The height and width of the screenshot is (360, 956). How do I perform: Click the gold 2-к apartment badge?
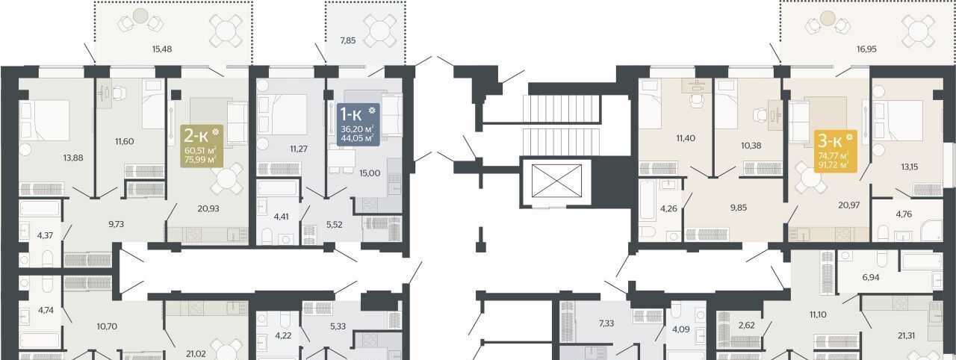201,146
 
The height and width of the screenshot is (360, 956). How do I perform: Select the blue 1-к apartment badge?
358,125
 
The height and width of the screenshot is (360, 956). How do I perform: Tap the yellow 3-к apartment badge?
835,151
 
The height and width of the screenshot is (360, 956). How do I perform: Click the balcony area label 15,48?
162,49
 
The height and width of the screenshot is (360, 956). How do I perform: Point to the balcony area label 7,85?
348,40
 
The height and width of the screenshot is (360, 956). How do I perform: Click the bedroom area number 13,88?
73,158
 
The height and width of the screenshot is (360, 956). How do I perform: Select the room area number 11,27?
299,149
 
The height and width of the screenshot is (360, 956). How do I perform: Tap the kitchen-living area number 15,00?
370,173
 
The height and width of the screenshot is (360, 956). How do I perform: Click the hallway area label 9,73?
116,224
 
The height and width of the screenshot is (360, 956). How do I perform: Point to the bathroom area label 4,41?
281,217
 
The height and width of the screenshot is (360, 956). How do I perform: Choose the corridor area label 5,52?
334,224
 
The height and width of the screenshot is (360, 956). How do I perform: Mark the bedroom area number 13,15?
910,167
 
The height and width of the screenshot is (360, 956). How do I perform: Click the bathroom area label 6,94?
871,277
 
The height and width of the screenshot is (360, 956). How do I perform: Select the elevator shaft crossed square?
556,181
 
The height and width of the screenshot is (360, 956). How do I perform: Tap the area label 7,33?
606,323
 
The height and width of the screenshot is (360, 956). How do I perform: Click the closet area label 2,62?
746,325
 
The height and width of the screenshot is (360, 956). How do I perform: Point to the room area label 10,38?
751,146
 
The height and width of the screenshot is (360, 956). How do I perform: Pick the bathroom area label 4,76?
904,214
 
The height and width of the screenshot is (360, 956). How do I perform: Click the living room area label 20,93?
208,208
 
